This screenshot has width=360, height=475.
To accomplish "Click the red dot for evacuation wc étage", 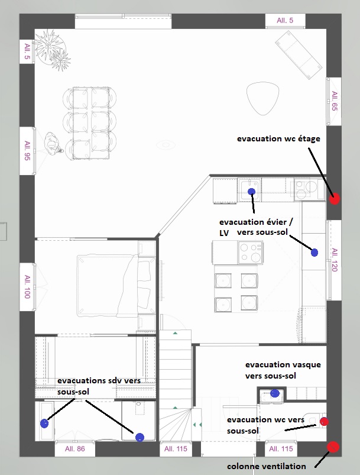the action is (x=335, y=199).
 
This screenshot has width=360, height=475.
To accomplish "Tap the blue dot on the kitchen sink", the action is (x=252, y=192).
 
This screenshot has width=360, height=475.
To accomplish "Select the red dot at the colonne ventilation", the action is (x=333, y=447).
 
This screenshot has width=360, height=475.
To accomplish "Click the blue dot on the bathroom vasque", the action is (x=275, y=393).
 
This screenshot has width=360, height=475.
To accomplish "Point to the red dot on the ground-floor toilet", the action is (x=324, y=421).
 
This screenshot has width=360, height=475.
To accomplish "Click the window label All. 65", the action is (x=334, y=101).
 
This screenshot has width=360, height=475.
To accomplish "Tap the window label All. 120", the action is (x=335, y=260).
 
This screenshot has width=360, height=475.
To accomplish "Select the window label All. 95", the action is (x=28, y=150).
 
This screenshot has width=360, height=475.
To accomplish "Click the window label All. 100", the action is (x=28, y=286).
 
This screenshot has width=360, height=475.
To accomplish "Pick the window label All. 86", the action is (x=75, y=448).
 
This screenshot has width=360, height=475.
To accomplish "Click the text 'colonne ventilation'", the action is (x=267, y=466).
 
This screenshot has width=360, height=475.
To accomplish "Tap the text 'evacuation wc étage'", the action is (x=278, y=139).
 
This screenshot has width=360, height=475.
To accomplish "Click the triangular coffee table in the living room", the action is (x=262, y=98).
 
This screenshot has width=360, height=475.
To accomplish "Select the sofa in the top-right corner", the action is (x=299, y=55).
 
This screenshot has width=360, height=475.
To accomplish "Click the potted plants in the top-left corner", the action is (x=52, y=50).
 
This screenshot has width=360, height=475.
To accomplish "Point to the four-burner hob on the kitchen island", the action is (x=250, y=253).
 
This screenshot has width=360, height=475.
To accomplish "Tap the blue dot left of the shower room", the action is (x=44, y=423).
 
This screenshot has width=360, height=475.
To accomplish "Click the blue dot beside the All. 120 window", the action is (x=314, y=253).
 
